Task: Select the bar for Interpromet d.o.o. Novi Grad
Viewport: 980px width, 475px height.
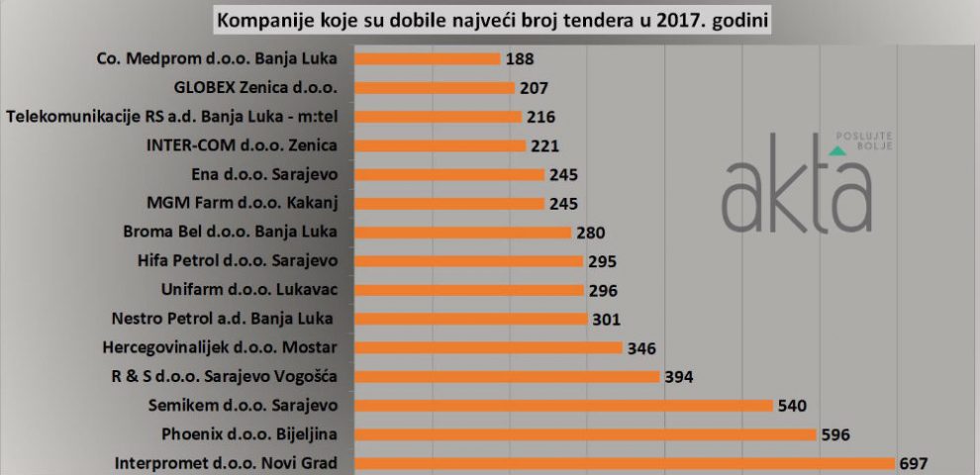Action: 624,463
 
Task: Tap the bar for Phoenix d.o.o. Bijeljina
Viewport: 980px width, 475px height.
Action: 584,434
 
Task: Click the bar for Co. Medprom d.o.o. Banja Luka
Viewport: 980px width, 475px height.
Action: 427,58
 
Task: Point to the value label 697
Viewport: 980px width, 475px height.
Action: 913,463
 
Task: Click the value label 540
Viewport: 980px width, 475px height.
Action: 794,405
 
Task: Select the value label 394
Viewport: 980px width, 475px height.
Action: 679,376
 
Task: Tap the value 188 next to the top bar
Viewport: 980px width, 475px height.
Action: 519,58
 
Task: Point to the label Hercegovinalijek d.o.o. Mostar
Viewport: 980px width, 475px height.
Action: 220,347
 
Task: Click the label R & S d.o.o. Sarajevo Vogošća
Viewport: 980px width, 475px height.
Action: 225,376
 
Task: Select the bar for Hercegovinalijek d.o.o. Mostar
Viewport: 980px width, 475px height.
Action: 487,347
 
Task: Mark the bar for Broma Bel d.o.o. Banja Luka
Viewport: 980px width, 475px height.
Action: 462,232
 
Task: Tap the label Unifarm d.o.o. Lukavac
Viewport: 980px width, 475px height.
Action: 248,290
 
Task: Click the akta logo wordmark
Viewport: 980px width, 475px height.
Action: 796,188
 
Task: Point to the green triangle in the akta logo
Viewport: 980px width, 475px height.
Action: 837,150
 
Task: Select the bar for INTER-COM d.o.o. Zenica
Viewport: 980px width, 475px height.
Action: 440,145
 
